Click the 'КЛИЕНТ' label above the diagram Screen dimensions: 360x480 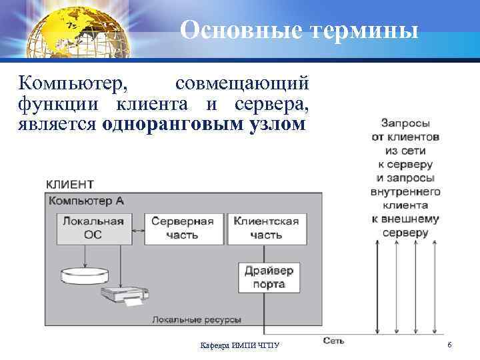pyautogui.click(x=69, y=184)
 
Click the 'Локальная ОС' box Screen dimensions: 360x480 pyautogui.click(x=93, y=228)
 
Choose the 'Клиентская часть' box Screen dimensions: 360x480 pyautogui.click(x=266, y=228)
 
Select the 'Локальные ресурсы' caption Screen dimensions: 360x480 pyautogui.click(x=197, y=320)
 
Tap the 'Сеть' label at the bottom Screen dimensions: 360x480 pyautogui.click(x=333, y=341)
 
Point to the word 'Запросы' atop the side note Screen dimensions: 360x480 pyautogui.click(x=405, y=123)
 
